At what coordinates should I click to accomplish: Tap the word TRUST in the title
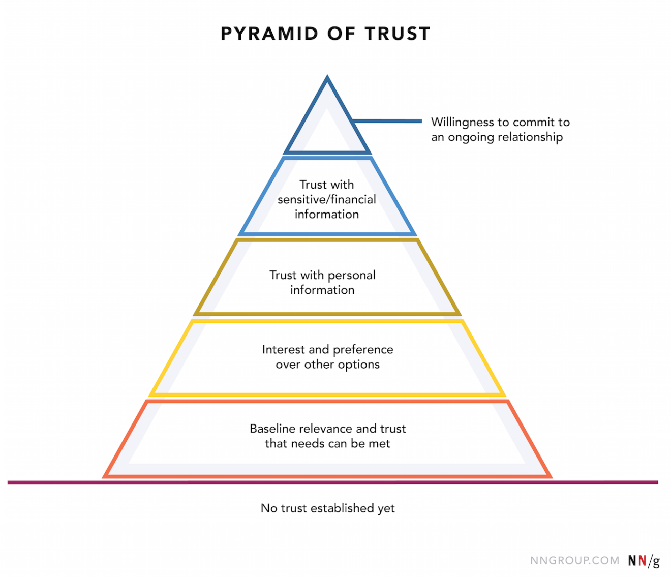(398, 34)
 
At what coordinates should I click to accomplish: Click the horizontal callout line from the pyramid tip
(387, 121)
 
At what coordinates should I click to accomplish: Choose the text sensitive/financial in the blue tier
(327, 199)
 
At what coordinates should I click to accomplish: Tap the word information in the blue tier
(327, 214)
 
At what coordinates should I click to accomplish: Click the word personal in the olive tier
(352, 275)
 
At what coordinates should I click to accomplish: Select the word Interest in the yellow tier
(284, 350)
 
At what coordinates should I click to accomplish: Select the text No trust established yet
(327, 508)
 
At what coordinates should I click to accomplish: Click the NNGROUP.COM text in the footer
(574, 560)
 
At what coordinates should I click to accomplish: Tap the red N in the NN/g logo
(643, 560)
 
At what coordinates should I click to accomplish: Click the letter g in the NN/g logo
(656, 561)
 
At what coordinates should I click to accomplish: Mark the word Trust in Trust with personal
(283, 275)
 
